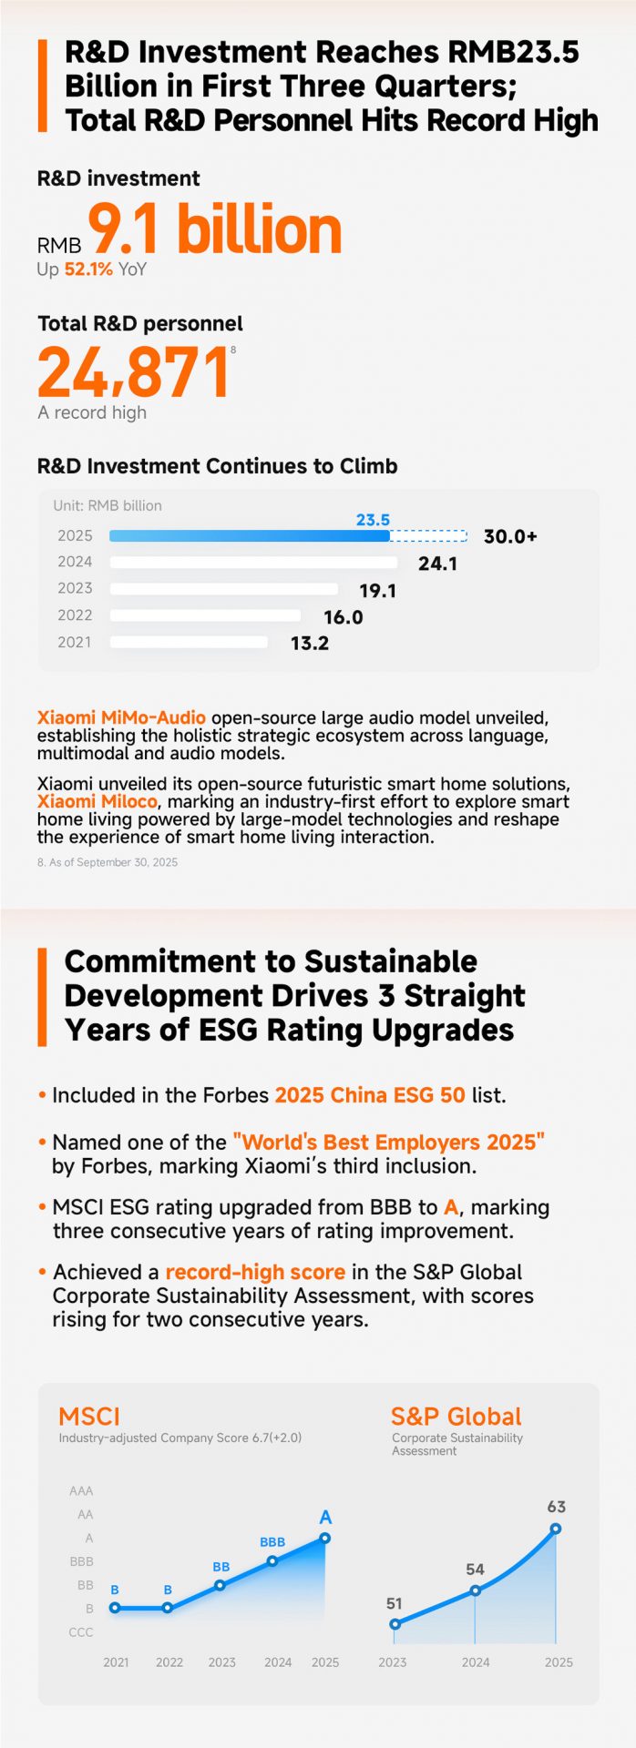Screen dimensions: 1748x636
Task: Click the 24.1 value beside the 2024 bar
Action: point(437,564)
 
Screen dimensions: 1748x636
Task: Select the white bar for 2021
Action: point(190,643)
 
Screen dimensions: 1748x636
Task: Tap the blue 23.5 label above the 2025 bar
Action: point(373,520)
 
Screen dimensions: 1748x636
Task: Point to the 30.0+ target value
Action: point(510,536)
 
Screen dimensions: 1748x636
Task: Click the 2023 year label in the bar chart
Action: point(75,588)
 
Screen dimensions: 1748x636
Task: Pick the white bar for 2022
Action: point(205,615)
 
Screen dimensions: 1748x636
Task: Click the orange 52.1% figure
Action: point(88,269)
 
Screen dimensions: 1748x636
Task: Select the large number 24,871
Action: point(133,372)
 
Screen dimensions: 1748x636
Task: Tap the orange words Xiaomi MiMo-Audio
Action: point(121,717)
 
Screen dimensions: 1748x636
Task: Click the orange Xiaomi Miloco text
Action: point(97,801)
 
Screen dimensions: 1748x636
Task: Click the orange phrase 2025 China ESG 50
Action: point(370,1094)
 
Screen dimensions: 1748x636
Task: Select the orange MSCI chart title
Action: point(89,1417)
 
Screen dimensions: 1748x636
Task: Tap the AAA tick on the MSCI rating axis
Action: point(81,1491)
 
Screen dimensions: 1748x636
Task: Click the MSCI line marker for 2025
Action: point(325,1539)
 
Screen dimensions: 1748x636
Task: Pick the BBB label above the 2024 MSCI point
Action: point(272,1542)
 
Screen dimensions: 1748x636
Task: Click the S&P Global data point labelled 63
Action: point(556,1529)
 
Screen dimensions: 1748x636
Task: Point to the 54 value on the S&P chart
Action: point(475,1570)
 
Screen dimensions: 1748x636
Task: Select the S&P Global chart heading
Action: point(456,1417)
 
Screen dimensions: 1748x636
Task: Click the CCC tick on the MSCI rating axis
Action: point(81,1632)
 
